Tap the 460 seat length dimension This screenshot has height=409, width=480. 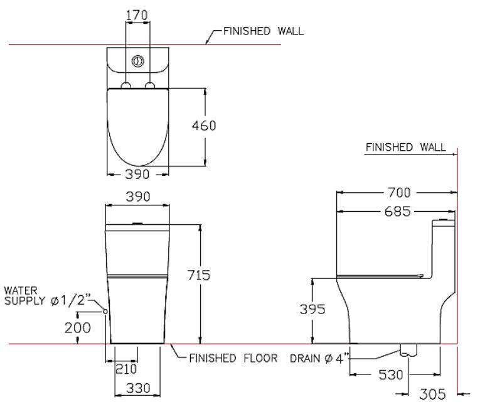[x=203, y=126]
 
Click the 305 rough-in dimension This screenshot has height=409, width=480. [x=432, y=394]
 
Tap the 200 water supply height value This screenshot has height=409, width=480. [x=77, y=327]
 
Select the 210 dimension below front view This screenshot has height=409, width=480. [x=125, y=370]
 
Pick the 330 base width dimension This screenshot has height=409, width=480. [x=137, y=388]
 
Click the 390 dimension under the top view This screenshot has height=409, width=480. [x=137, y=174]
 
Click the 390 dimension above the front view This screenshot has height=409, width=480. [x=137, y=197]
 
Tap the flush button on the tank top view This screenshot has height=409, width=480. [x=138, y=62]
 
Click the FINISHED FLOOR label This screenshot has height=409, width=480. [x=233, y=359]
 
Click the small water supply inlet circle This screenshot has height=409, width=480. [x=105, y=312]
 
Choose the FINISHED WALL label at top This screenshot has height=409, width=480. [x=263, y=31]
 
